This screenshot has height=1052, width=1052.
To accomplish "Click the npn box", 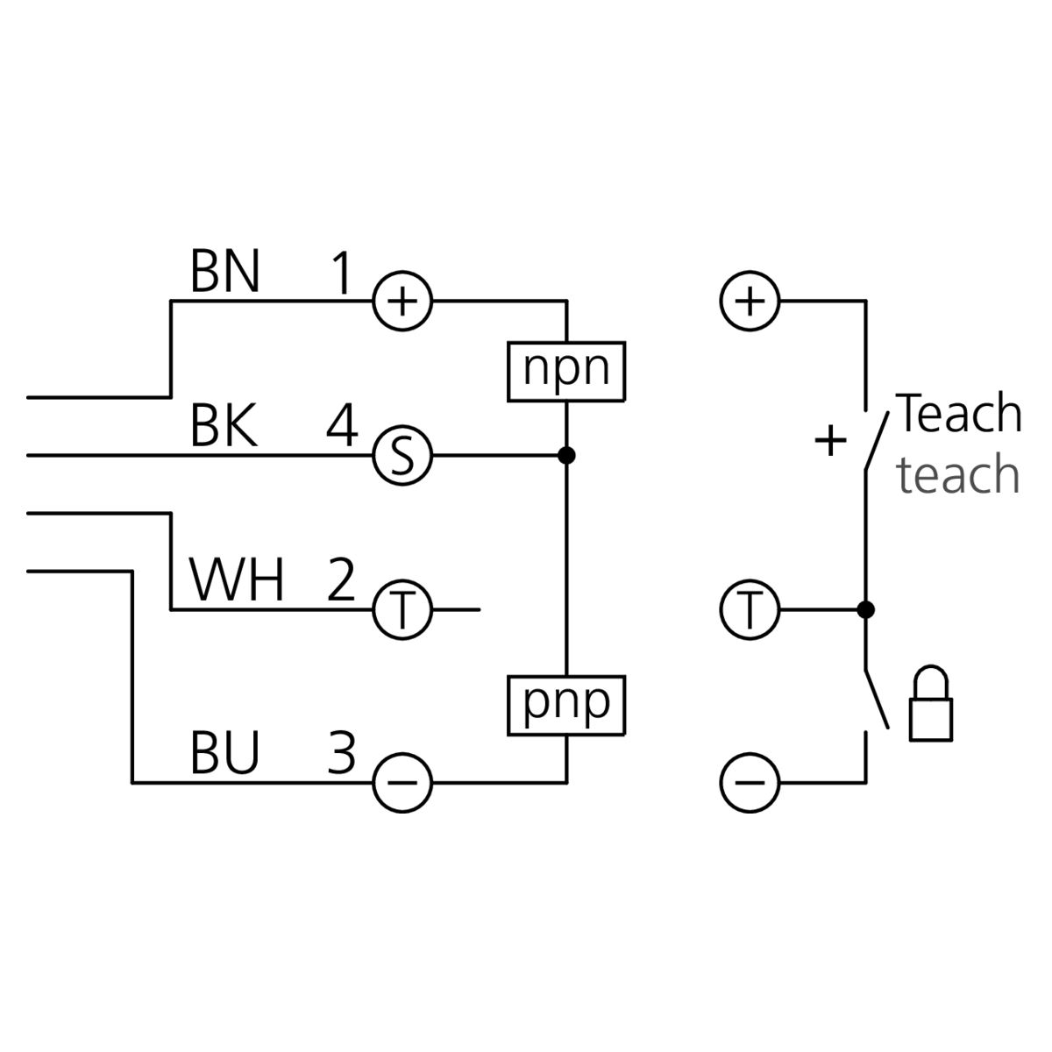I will point(566,370).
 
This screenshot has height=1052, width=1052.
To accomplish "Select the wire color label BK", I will point(224,428).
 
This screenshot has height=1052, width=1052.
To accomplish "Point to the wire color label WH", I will point(237,580).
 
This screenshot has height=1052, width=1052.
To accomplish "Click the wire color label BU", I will point(225,752).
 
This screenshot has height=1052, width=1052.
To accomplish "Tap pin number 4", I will point(342,428).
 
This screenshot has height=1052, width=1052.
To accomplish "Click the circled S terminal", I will point(402,456).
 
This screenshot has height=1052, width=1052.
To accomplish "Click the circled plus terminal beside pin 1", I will point(402,302).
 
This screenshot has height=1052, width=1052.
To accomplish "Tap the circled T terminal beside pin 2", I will point(402,608).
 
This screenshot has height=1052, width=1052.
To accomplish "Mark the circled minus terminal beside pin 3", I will point(402,780).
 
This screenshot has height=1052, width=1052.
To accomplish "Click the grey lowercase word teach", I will point(957,475).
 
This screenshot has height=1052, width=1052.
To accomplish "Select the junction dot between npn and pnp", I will point(566,456).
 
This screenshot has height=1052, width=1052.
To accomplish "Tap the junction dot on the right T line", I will point(865,608).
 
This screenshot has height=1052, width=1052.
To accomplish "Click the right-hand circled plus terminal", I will point(749,302).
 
